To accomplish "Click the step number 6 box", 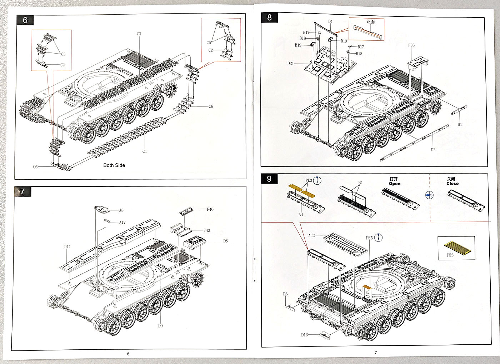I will tap(25, 20).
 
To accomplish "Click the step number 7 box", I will tap(22, 191).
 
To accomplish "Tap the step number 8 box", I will tap(269, 18).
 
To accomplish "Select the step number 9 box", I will tap(269, 179).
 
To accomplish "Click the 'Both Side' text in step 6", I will tap(114, 165).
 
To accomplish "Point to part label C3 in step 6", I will tap(139, 34).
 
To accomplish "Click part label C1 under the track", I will tap(145, 151).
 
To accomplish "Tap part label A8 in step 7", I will tap(121, 210).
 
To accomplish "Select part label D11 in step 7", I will tap(67, 247).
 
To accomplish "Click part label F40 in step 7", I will tap(210, 209).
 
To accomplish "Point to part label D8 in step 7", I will tap(225, 241).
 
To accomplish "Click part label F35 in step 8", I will tap(411, 45).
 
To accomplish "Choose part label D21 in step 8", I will tap(291, 64).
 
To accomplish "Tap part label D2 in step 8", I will tap(433, 150).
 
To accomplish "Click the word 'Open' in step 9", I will tap(395, 184).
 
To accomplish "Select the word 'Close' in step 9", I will tap(452, 184).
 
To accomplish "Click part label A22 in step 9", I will tap(311, 236).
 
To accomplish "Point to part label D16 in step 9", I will tap(304, 335).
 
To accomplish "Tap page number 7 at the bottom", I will tap(376, 353).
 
